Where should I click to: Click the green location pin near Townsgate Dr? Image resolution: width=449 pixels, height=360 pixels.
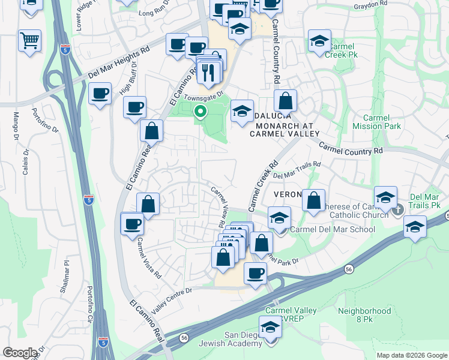point(200,112)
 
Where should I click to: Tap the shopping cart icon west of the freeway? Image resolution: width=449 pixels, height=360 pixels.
point(29,41)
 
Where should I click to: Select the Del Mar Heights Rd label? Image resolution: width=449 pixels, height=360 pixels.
point(118,62)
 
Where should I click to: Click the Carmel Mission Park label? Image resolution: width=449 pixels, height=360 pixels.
point(376,122)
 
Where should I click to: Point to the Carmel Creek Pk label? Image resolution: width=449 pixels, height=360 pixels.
point(341,50)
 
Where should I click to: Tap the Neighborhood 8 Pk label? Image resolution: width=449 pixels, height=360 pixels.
point(364,316)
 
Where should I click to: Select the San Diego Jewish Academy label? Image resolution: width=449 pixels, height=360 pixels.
point(243,339)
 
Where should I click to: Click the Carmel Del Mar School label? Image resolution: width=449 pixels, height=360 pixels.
point(332,229)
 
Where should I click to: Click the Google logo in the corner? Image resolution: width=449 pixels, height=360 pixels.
point(19,353)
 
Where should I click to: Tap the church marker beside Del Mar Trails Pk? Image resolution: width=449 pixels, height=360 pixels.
point(397,209)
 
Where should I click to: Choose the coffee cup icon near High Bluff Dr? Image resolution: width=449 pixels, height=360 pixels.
point(100,94)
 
